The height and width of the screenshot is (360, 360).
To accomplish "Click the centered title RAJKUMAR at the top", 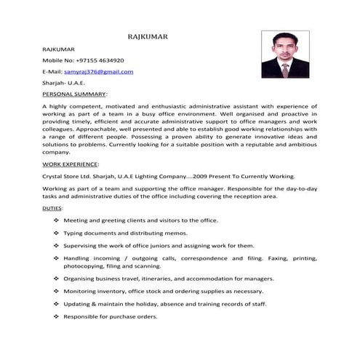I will pos(150,35).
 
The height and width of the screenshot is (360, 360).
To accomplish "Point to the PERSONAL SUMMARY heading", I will pos(74,95).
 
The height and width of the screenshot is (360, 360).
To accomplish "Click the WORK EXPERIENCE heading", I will pos(71,165).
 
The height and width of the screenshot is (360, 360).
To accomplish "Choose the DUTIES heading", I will pos(52,209).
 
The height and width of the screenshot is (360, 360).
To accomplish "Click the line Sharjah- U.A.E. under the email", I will pos(64,83).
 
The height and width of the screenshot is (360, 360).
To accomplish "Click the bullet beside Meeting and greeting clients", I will pos(56,220).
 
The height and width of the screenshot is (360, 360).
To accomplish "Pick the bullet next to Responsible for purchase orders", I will pos(56,317).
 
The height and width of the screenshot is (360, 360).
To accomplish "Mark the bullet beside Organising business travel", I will pos(56,279).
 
